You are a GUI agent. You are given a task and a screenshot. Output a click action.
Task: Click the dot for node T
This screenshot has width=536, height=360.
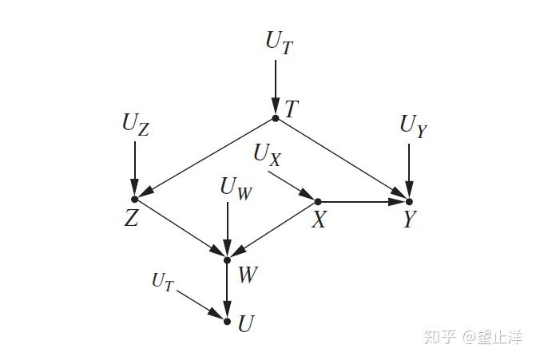275,118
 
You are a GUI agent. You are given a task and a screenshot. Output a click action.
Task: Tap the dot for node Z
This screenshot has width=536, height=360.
135,198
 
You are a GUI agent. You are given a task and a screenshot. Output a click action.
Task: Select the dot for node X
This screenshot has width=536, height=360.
317,201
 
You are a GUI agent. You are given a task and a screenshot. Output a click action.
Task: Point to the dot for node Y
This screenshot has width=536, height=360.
409,201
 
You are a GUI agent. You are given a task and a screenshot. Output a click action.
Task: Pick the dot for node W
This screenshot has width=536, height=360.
228,259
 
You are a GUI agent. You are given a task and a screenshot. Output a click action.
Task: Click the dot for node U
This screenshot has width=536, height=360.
228,322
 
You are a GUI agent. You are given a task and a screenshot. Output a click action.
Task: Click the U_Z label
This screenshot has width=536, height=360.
135,125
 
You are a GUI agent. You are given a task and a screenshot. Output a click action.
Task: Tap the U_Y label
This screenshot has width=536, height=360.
414,126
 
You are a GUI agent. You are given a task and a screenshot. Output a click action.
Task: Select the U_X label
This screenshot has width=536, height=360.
268,155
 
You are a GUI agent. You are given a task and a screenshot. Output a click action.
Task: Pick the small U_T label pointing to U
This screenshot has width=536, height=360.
162,281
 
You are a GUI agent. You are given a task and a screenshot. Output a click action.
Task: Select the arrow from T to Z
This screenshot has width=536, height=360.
205,158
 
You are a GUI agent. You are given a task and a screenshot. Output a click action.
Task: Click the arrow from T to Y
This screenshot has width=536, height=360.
342,160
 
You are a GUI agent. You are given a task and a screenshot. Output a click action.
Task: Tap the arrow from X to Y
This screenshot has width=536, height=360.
363,201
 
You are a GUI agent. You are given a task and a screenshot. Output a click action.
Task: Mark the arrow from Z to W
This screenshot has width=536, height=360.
181,229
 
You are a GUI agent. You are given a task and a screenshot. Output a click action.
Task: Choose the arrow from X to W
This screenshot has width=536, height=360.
272,231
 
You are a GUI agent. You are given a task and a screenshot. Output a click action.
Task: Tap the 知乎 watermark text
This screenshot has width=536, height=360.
439,337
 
